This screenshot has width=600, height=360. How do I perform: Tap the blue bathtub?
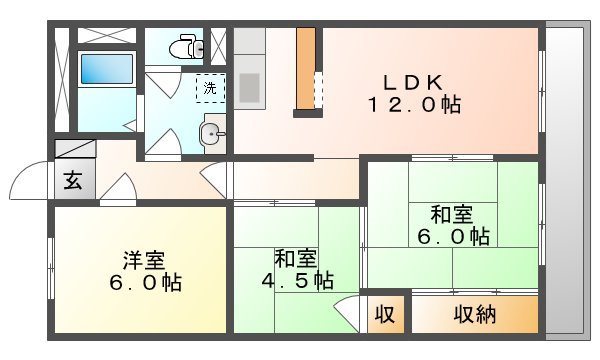coord(105,69)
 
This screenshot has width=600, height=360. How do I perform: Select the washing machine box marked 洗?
coord(210,88)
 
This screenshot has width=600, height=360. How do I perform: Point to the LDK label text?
coord(411,82)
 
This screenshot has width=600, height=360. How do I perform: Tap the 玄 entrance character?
coord(74,181)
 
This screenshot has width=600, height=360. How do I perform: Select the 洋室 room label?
coord(144,259)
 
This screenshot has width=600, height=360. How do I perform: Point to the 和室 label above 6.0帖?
coord(452,214)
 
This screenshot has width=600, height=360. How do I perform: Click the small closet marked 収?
coord(384,314)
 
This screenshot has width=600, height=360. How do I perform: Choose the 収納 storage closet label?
coord(475,314)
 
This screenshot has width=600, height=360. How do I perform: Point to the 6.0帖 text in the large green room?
coord(453,237)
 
